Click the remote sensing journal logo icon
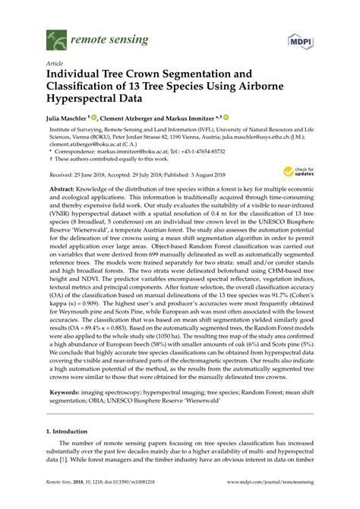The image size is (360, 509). (52, 36)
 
